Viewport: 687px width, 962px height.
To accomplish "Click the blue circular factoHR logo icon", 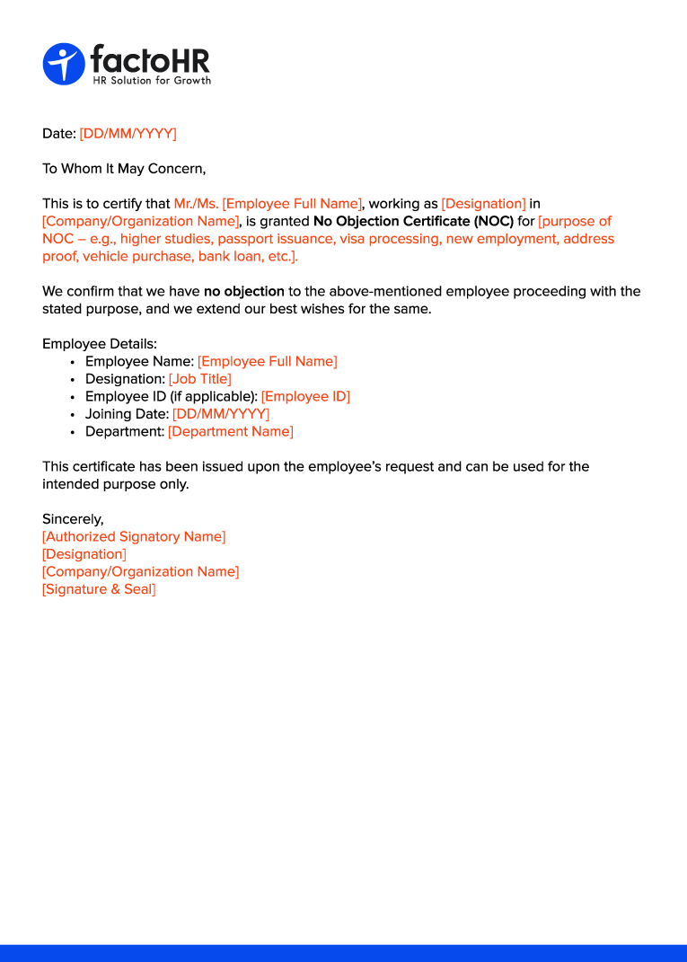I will coord(64,65).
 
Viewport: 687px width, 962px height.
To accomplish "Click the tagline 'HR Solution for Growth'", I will coord(153,81).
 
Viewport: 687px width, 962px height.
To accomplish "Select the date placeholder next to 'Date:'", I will coord(128,134).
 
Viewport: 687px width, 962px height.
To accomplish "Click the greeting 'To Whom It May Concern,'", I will coord(124,169).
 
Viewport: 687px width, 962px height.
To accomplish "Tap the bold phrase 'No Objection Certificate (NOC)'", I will coord(413,221).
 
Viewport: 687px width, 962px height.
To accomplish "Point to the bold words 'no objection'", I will coord(244,291).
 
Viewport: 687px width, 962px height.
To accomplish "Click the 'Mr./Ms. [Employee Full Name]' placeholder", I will coord(268,204).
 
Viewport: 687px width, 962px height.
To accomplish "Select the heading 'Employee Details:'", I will coord(100,344).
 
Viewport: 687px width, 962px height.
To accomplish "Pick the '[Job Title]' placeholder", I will coord(200,379).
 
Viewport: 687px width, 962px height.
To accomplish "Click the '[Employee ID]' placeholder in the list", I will coord(305,396).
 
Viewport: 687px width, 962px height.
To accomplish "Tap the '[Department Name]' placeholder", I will coord(231,431).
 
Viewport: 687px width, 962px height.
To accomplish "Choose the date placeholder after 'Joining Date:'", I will coord(221,414).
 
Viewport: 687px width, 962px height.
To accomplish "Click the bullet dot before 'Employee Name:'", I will coord(72,362).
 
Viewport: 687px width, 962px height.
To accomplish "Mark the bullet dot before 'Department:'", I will coord(72,432).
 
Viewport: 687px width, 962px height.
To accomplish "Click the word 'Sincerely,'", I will coord(73,519).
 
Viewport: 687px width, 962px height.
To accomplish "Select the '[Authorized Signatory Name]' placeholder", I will coord(134,536).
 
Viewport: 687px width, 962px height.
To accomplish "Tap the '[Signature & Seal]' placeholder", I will coord(99,589).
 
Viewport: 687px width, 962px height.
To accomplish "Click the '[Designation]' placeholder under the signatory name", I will coord(84,554).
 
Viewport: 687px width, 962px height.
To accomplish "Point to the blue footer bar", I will coord(343,953).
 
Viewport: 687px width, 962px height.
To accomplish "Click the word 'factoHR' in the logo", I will coord(150,60).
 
